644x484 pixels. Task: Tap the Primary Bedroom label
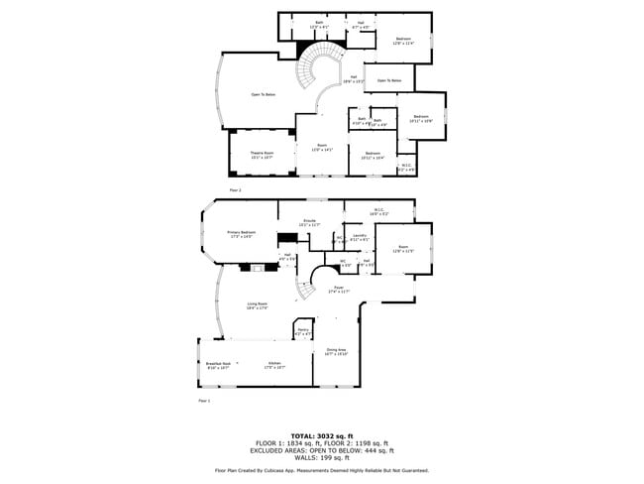[x=242, y=234]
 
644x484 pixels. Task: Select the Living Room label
[x=258, y=305]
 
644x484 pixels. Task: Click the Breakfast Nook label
[x=219, y=365]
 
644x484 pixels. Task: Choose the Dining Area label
[x=336, y=351]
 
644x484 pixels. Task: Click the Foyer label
[x=339, y=289]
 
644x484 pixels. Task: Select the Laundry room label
[x=360, y=238]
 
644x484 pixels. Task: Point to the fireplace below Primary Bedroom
[x=259, y=267]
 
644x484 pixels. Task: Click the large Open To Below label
[x=263, y=95]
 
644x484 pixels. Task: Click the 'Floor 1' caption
[x=204, y=401]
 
